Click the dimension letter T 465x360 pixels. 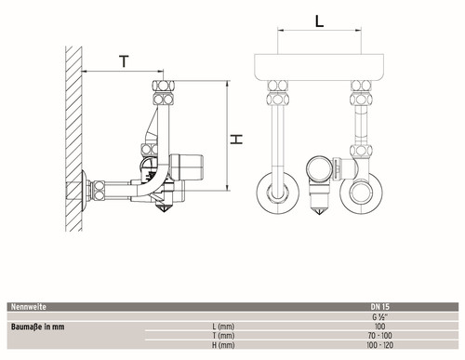pyautogui.click(x=124, y=61)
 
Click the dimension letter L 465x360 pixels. pyautogui.click(x=319, y=21)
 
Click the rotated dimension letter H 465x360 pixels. pyautogui.click(x=236, y=140)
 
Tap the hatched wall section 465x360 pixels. pyautogui.click(x=73, y=139)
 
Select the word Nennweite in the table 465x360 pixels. pyautogui.click(x=29, y=307)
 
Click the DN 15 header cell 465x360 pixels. pyautogui.click(x=379, y=307)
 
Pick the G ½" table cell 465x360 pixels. pyautogui.click(x=379, y=317)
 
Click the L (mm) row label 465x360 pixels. pyautogui.click(x=223, y=327)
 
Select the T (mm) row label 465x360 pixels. pyautogui.click(x=223, y=336)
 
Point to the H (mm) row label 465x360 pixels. pyautogui.click(x=223, y=345)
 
